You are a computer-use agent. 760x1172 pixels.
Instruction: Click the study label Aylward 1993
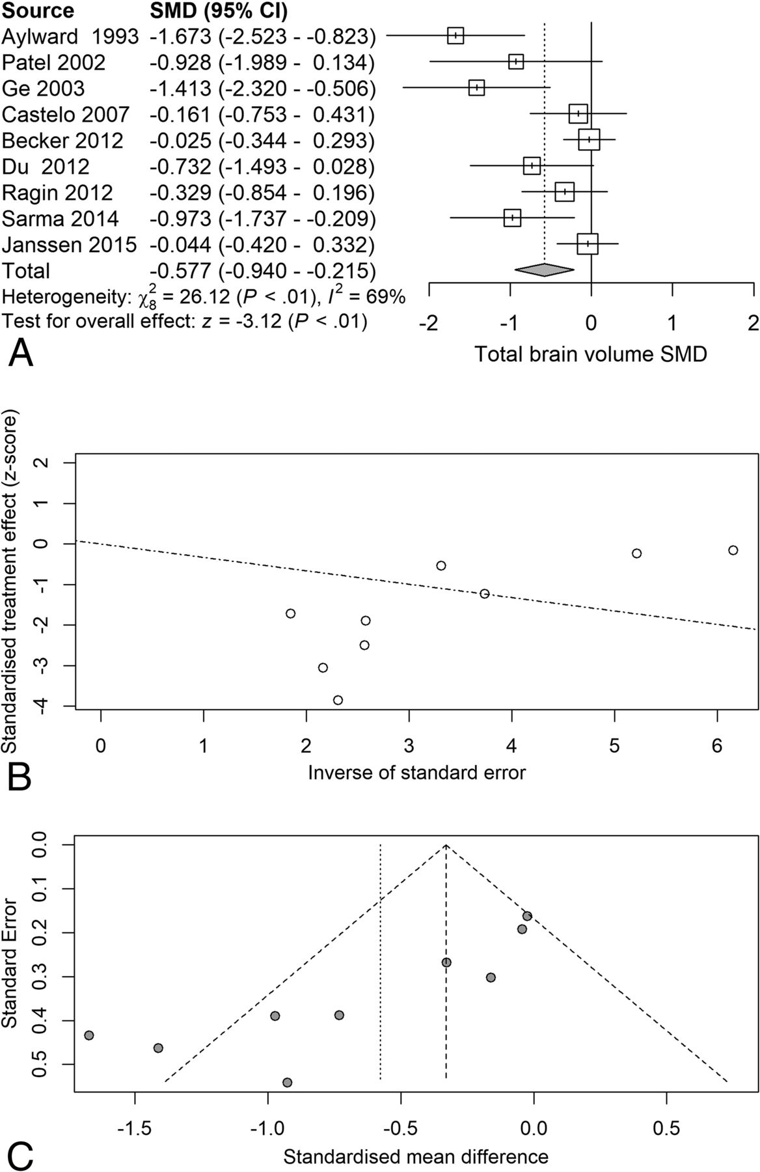pyautogui.click(x=70, y=36)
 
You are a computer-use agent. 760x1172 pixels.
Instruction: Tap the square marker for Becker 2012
pyautogui.click(x=589, y=139)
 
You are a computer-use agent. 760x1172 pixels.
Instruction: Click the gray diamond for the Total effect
pyautogui.click(x=544, y=270)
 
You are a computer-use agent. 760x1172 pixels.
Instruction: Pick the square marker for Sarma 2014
pyautogui.click(x=513, y=217)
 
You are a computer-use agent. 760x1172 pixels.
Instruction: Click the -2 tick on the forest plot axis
pyautogui.click(x=428, y=323)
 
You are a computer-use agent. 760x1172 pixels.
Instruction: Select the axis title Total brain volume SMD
pyautogui.click(x=590, y=354)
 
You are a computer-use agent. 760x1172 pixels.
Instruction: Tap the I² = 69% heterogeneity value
pyautogui.click(x=369, y=298)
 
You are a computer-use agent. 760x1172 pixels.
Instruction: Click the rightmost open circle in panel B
pyautogui.click(x=733, y=550)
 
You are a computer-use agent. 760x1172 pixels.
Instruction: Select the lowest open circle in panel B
pyautogui.click(x=338, y=700)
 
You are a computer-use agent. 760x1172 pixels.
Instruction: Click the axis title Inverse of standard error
pyautogui.click(x=416, y=772)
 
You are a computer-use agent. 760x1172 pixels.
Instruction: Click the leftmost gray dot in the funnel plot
pyautogui.click(x=89, y=1035)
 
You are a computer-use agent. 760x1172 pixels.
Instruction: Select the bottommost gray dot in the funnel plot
pyautogui.click(x=287, y=1082)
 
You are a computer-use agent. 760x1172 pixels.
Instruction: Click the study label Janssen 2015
pyautogui.click(x=70, y=245)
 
